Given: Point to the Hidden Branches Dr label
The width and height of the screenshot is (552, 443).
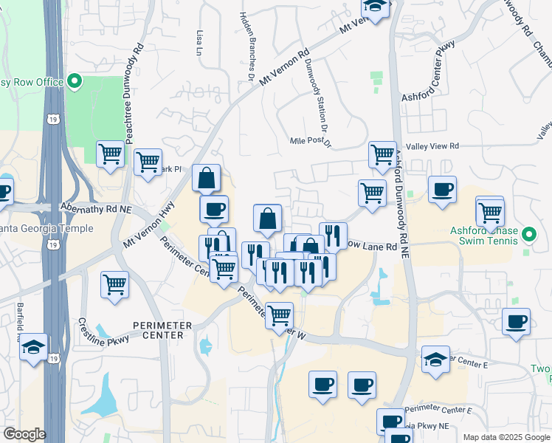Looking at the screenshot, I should click(247, 44).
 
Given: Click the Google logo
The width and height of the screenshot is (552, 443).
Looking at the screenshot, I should click(24, 434).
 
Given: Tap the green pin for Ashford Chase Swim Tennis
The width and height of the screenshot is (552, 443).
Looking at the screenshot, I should click(528, 236).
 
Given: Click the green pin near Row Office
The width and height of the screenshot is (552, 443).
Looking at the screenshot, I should click(75, 81).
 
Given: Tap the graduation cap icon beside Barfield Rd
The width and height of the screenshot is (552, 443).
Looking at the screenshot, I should click(33, 347).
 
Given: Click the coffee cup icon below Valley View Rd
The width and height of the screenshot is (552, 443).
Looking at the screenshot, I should click(442, 190).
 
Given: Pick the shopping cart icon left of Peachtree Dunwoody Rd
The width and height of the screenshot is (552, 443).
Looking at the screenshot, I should click(110, 154).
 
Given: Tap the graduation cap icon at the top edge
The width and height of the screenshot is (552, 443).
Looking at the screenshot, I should click(376, 7).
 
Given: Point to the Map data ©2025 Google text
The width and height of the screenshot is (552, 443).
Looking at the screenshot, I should click(506, 437).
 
